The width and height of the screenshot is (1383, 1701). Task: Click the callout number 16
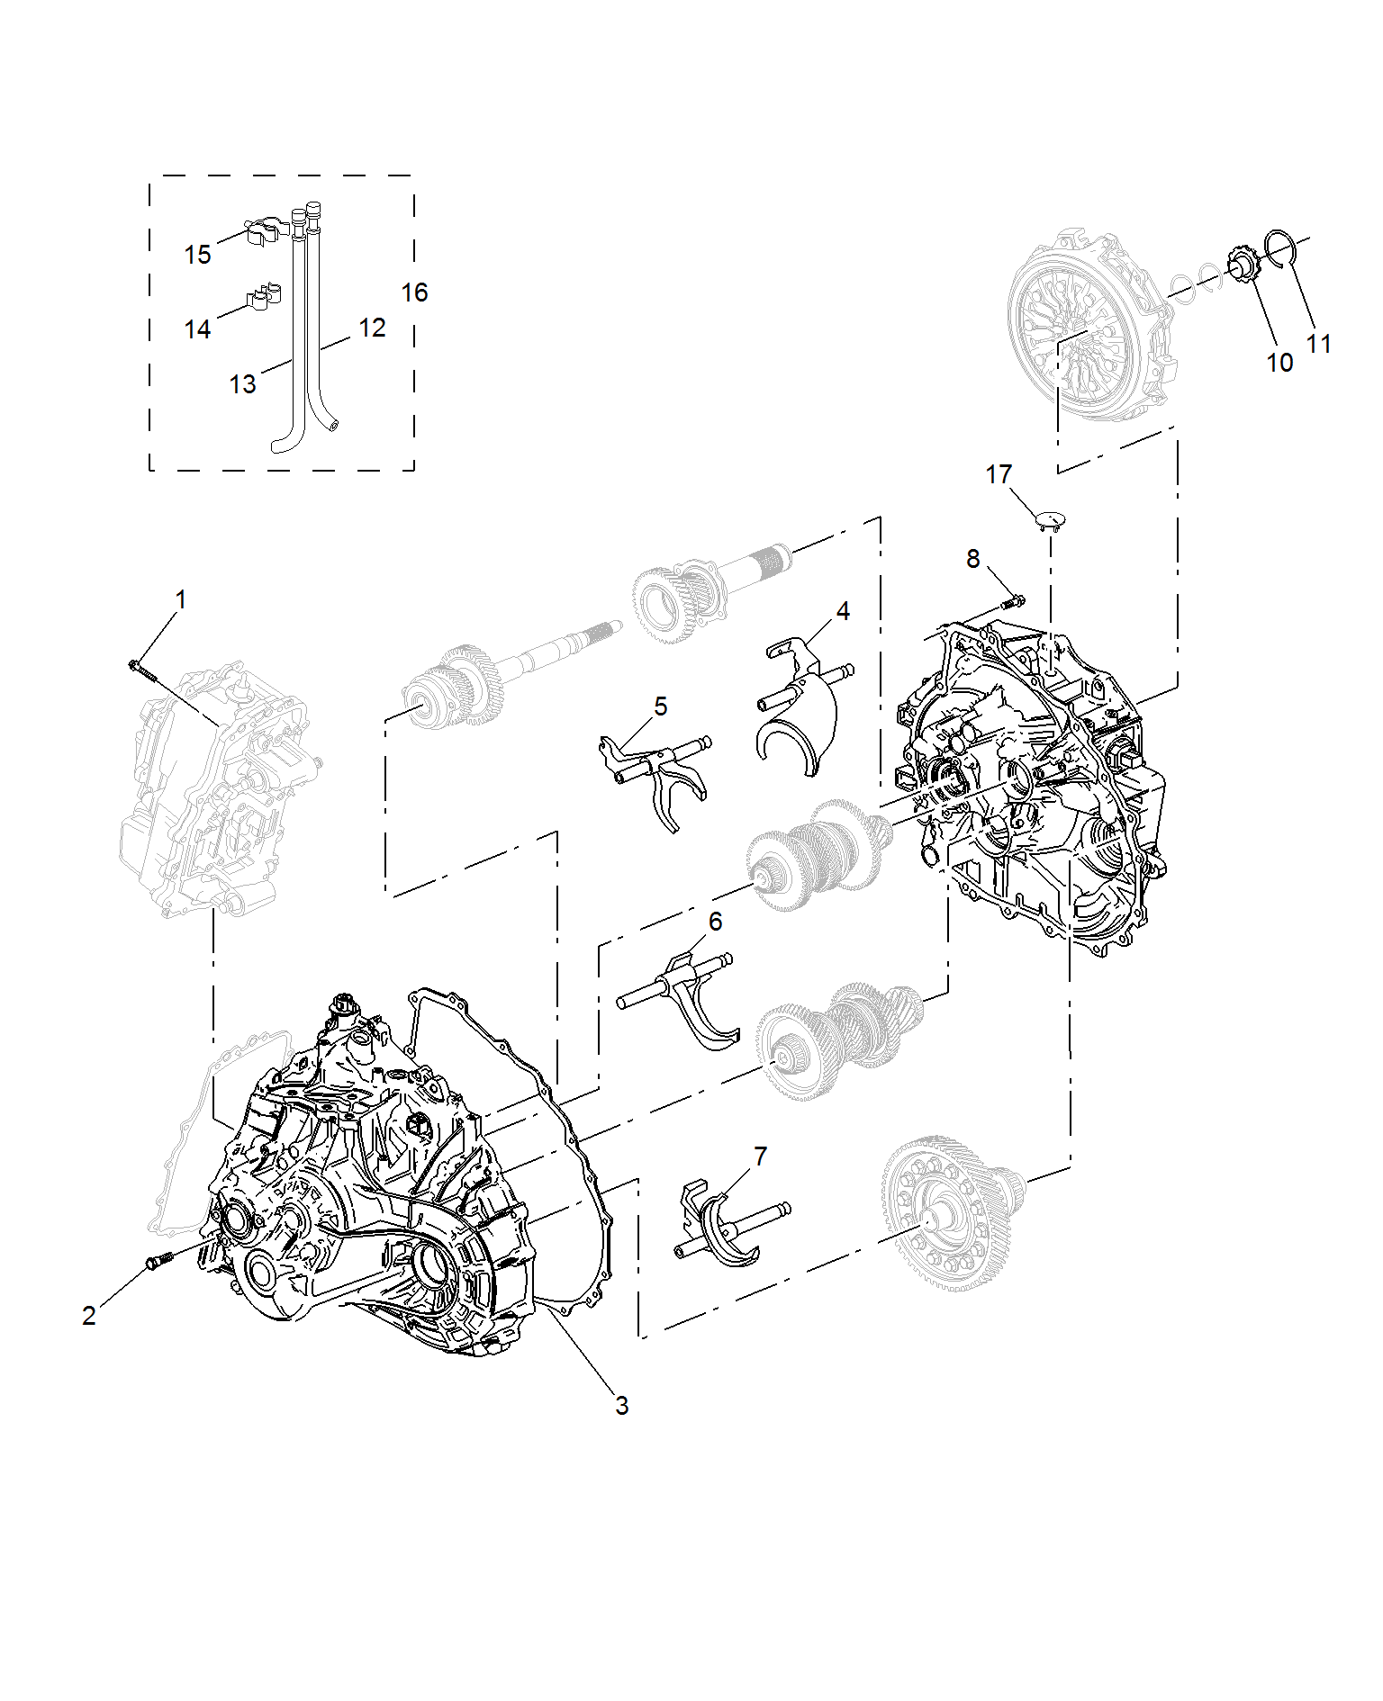click(x=414, y=292)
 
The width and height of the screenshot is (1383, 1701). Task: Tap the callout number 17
click(x=999, y=474)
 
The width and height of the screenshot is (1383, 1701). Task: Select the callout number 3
click(x=621, y=1406)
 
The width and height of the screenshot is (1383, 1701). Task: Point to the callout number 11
click(x=1319, y=344)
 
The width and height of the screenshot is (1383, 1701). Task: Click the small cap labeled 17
click(x=1049, y=519)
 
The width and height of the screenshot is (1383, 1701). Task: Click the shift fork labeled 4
click(x=801, y=702)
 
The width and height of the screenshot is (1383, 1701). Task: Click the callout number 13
click(x=242, y=384)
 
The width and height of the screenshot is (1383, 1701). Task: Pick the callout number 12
click(x=372, y=328)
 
